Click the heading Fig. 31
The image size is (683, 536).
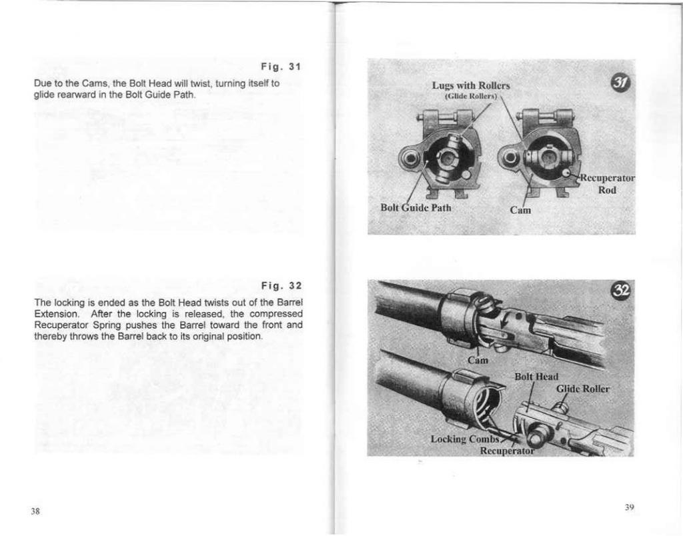coord(281,67)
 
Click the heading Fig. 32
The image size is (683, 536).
coord(281,286)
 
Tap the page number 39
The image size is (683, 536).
coord(629,507)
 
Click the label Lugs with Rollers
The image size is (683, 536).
coord(471,85)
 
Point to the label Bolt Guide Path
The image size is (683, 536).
coord(416,207)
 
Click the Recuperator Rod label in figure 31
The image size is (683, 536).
coord(606,184)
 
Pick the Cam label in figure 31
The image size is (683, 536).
coord(520,211)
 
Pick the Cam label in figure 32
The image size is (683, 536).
coord(478,360)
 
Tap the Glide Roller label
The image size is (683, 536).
coord(582,389)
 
